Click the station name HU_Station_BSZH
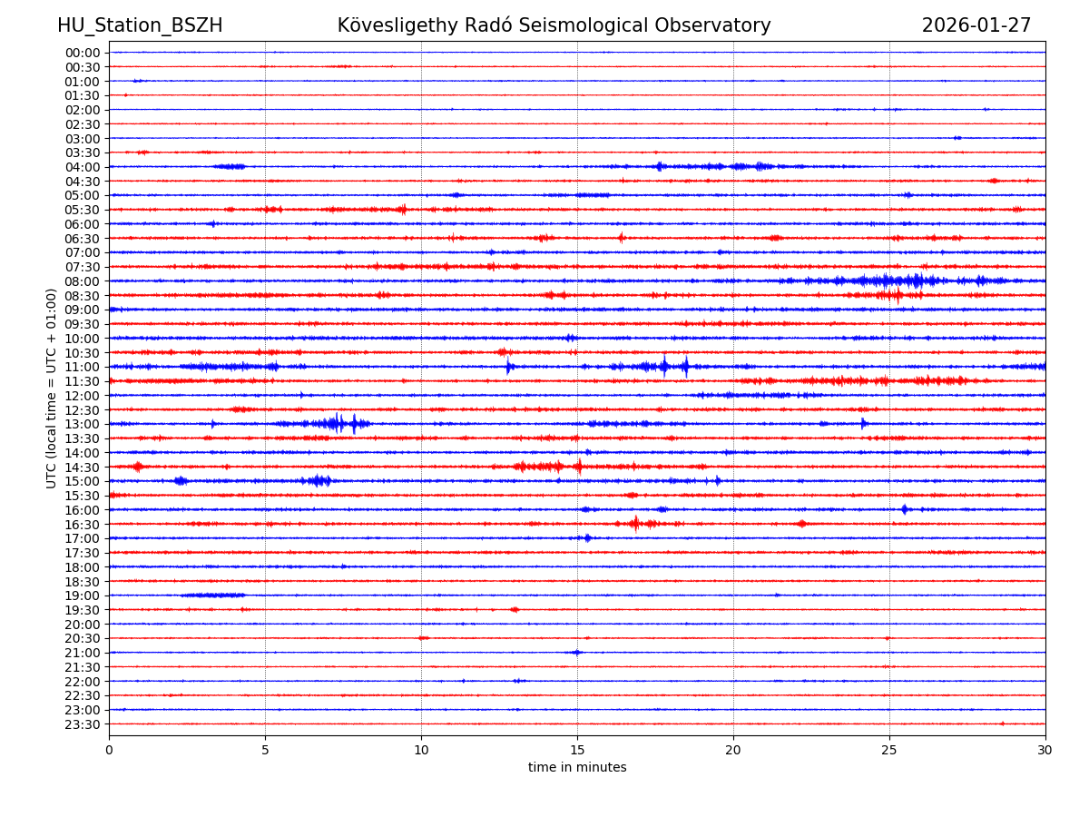[140, 25]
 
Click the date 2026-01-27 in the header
[976, 25]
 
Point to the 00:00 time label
[82, 53]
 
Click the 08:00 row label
[82, 281]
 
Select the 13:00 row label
[82, 424]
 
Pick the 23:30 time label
[82, 724]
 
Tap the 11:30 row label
[82, 381]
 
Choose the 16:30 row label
[82, 524]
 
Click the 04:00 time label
[82, 167]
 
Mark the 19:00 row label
[82, 596]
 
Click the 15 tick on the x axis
[577, 750]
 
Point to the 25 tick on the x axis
[889, 750]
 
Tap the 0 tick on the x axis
[109, 750]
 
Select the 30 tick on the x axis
[1045, 750]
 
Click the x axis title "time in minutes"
[577, 768]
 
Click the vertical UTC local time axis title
[52, 388]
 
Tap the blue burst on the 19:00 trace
[213, 596]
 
